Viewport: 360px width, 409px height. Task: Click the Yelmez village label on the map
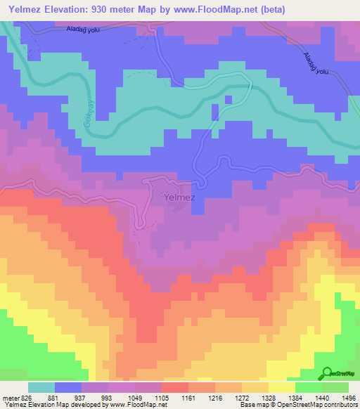tap(179, 197)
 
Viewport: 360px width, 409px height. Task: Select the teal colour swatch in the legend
tap(41, 387)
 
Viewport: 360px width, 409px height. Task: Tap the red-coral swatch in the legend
tap(175, 387)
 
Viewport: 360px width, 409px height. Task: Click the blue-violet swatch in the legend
tap(68, 387)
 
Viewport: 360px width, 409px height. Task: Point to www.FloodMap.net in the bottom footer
tap(133, 405)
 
